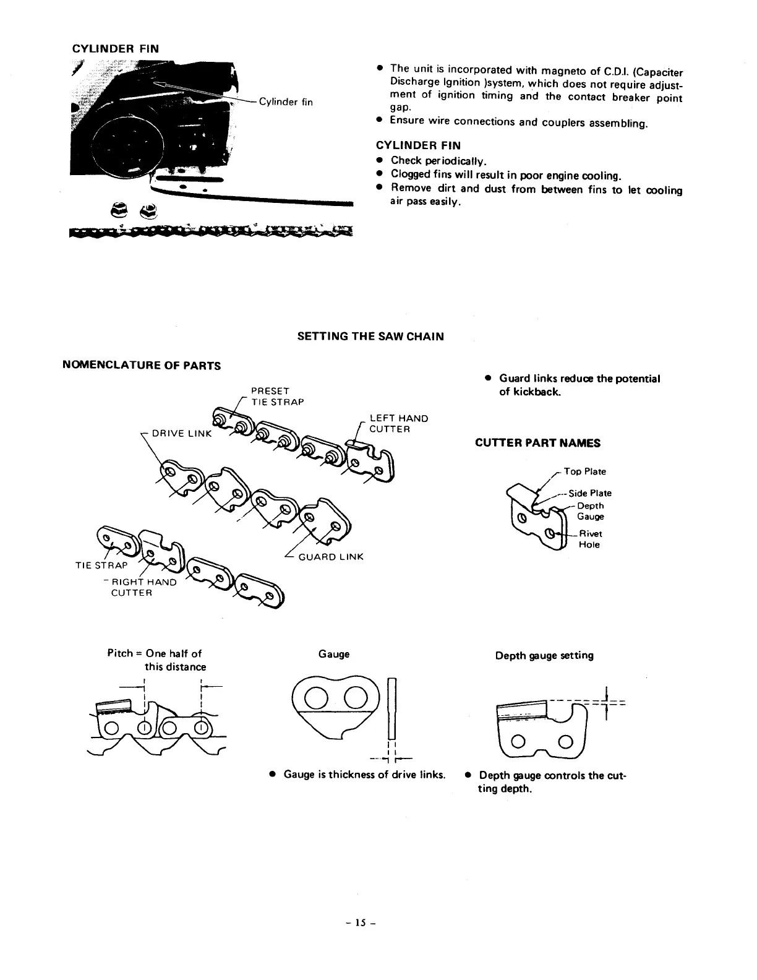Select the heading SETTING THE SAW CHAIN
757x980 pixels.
click(370, 337)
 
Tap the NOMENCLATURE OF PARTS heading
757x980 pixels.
click(142, 366)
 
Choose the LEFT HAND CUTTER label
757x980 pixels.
click(398, 424)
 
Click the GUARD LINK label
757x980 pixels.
click(331, 557)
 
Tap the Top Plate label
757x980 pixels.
click(584, 472)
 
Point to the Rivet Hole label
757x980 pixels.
click(590, 539)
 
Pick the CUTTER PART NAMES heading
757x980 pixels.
click(537, 443)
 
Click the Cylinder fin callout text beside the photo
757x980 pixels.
click(286, 102)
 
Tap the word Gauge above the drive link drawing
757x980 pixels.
click(333, 654)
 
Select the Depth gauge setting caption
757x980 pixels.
click(544, 655)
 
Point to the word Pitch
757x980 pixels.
click(120, 653)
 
